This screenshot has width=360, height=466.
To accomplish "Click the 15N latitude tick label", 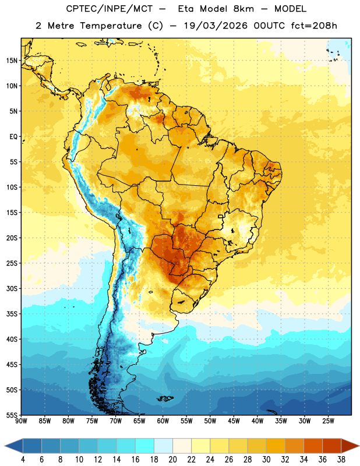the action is point(12,61).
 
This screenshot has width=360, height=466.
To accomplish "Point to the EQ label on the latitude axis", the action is point(13,137).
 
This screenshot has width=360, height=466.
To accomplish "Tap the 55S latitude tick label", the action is point(12,415).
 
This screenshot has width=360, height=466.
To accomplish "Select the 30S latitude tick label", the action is point(12,288).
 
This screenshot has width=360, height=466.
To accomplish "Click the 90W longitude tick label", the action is point(21,421).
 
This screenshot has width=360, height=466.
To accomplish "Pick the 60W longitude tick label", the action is point(163,421).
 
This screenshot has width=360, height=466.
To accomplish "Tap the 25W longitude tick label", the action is point(328,421).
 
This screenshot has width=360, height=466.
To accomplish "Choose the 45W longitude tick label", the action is point(234,421).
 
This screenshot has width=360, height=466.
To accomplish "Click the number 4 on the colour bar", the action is point(23,460).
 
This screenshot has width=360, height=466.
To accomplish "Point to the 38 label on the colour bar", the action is point(341,460).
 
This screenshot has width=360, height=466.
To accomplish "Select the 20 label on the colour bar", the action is point(172,460).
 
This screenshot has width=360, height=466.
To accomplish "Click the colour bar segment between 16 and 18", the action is point(144,446).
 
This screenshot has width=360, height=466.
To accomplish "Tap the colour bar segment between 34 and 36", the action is point(313,446).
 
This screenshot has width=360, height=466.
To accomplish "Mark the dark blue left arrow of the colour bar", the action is point(14,446).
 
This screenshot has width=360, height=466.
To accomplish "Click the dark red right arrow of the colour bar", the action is point(350,446).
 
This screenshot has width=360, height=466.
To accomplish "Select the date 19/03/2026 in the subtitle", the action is point(216,26).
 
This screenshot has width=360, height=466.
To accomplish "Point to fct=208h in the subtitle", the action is point(314,26).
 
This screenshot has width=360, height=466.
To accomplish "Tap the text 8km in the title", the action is point(243,9).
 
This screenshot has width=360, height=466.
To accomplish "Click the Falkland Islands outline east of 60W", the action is point(165,398).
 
